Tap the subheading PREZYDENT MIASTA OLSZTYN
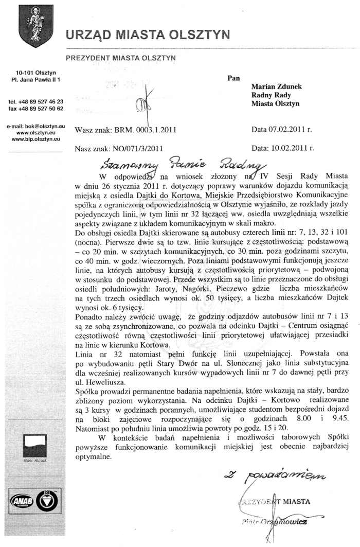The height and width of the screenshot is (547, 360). (x=121, y=58)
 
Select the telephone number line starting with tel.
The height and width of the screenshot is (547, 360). (x=36, y=101)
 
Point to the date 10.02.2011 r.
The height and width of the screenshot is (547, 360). (x=290, y=148)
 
